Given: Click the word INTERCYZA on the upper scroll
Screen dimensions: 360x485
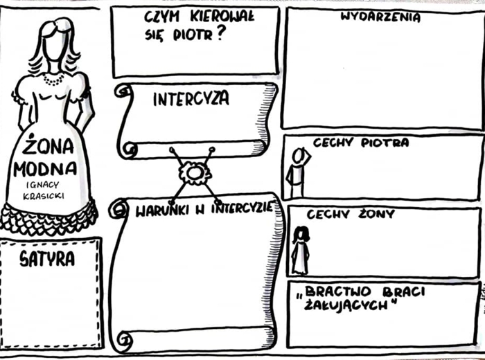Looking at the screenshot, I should (191, 99).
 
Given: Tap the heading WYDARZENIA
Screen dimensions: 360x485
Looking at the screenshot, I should (380, 17).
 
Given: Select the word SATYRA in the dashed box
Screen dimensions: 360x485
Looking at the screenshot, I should (47, 259).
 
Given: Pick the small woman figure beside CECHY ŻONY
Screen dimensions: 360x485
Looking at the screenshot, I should (300, 250).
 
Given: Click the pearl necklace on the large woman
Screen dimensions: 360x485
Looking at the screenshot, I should (53, 79).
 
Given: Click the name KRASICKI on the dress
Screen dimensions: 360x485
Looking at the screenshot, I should (44, 196).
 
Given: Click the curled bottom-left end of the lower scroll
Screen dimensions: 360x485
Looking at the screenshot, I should (124, 339).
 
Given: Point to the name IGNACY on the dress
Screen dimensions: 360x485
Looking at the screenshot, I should (42, 184).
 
